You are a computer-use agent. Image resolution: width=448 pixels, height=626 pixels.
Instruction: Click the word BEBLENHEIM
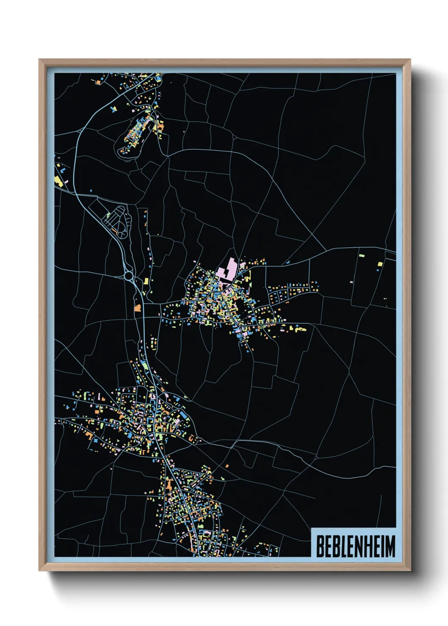tap(355, 546)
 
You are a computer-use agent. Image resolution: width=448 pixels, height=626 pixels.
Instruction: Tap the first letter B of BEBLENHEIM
tap(320, 546)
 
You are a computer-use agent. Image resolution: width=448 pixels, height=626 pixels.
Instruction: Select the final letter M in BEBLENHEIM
tap(390, 546)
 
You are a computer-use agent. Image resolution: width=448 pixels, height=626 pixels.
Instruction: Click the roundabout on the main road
tap(129, 276)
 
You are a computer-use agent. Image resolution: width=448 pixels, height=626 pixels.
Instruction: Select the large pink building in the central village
tap(227, 270)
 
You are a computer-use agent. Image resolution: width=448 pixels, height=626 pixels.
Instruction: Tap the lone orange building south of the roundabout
tap(137, 308)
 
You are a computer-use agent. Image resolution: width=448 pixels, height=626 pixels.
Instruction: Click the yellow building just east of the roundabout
tap(147, 280)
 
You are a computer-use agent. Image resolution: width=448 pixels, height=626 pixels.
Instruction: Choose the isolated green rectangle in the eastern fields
tap(362, 255)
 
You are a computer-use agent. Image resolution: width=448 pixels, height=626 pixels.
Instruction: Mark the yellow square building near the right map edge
tap(380, 264)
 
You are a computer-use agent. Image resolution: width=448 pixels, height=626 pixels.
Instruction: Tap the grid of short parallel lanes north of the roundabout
tap(117, 220)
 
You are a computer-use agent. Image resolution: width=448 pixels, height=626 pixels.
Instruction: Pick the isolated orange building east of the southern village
tap(227, 466)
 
